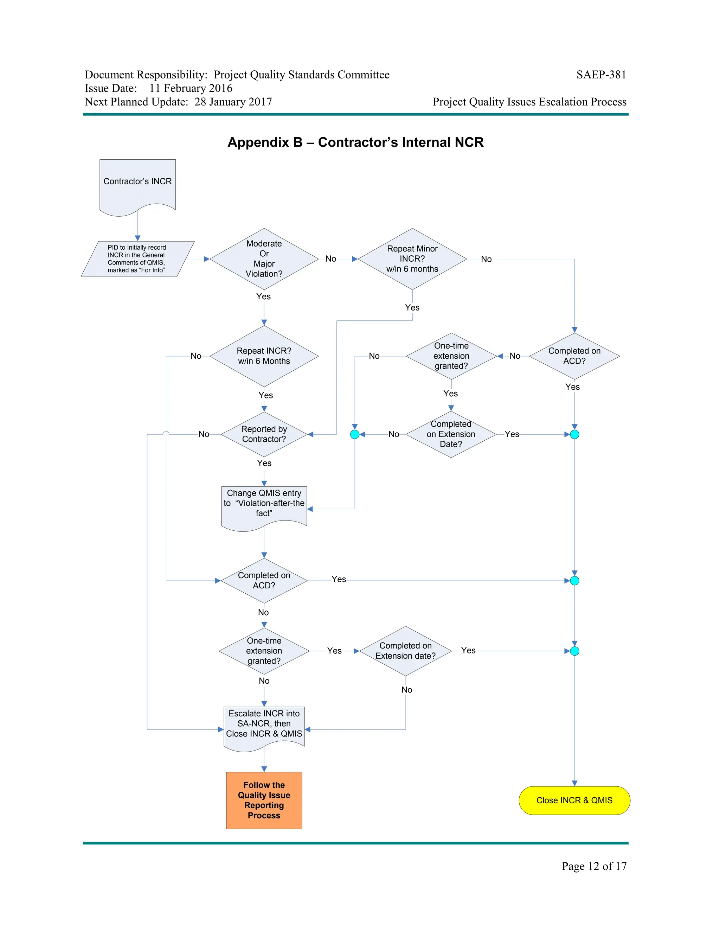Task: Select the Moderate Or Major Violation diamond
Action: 264,258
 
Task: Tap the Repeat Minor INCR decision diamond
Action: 412,258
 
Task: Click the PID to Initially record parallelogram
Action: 137,258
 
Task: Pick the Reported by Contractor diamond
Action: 264,434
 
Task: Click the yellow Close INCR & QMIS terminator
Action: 574,800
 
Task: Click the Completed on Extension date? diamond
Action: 405,651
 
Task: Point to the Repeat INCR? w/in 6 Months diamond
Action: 264,356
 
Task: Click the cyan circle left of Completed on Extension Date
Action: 354,434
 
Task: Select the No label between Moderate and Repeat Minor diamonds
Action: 330,258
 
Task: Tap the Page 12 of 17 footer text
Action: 594,866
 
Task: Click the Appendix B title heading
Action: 355,142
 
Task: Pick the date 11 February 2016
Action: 191,88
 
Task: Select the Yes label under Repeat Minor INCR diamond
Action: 412,307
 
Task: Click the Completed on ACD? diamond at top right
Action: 574,356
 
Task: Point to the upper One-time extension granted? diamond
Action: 451,356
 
